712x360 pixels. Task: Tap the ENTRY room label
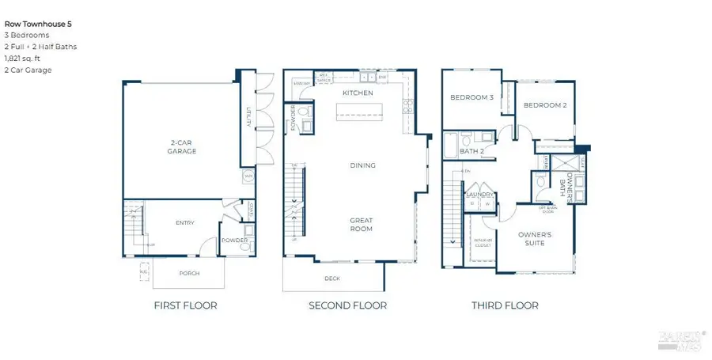(184, 222)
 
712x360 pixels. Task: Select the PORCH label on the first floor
(189, 274)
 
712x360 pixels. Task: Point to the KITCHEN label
(357, 93)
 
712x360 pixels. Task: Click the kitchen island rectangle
(363, 112)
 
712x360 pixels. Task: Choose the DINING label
(363, 165)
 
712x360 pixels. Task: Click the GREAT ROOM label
(362, 224)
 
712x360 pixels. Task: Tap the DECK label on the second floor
(332, 279)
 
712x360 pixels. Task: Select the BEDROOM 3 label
(473, 97)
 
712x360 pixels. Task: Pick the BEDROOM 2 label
(545, 104)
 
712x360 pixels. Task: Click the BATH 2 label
(472, 150)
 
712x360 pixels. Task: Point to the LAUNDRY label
(479, 195)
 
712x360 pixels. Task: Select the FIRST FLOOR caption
(186, 305)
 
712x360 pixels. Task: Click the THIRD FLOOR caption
(505, 305)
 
